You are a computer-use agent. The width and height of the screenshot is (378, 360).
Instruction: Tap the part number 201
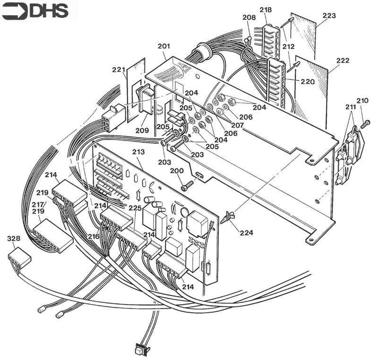tap(163, 46)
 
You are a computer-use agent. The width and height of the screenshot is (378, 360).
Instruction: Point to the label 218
tap(266, 10)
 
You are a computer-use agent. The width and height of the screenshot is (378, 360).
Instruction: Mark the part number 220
tap(307, 81)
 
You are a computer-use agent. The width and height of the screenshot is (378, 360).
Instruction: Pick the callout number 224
tap(246, 232)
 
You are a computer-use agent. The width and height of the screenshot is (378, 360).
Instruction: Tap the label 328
tap(14, 239)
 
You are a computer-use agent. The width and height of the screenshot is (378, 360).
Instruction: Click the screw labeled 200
tap(188, 185)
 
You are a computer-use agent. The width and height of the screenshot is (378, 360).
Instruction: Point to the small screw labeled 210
tap(364, 124)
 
